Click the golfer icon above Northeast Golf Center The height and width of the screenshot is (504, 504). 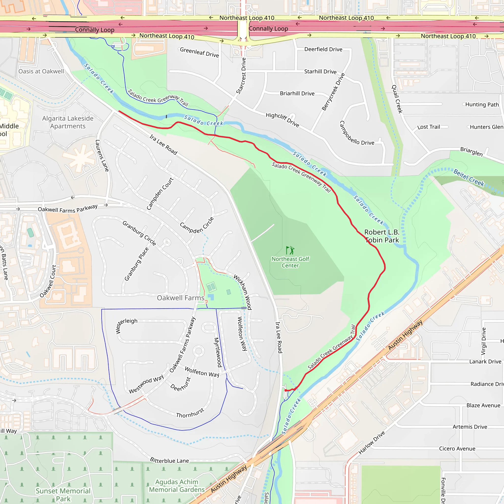point(290,250)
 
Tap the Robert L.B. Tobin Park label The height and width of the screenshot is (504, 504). point(382,236)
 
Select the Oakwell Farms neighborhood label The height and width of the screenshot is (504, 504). point(181,298)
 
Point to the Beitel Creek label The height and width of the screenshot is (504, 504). point(469,178)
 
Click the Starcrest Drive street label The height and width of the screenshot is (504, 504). point(241,76)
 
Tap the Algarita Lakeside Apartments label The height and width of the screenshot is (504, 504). point(68,122)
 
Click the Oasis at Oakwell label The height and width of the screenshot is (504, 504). point(41,71)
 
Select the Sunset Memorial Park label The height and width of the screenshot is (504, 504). point(63,495)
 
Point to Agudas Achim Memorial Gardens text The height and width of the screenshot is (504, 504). point(177,486)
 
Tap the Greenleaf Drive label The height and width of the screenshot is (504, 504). point(199,52)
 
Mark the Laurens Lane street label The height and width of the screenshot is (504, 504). point(102,156)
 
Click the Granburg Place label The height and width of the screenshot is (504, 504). point(136,264)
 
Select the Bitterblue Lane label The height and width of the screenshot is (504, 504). point(169,460)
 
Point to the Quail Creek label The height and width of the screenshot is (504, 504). point(397,99)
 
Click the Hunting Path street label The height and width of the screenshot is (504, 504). point(482,105)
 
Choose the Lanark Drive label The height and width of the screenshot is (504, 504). point(485,362)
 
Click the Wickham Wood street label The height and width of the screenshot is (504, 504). point(243,292)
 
